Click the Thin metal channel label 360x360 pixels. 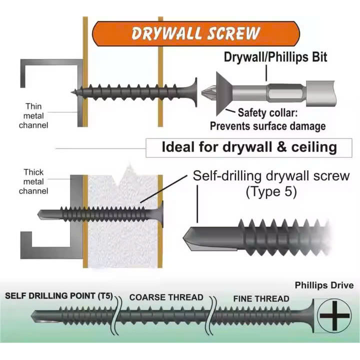[x=33, y=115]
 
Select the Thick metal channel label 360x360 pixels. [x=33, y=181]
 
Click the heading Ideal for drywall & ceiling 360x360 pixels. [x=248, y=147]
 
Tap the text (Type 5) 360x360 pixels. [x=271, y=191]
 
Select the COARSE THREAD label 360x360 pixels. [x=166, y=297]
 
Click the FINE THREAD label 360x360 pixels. [x=261, y=299]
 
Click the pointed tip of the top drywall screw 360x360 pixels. [x=74, y=91]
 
